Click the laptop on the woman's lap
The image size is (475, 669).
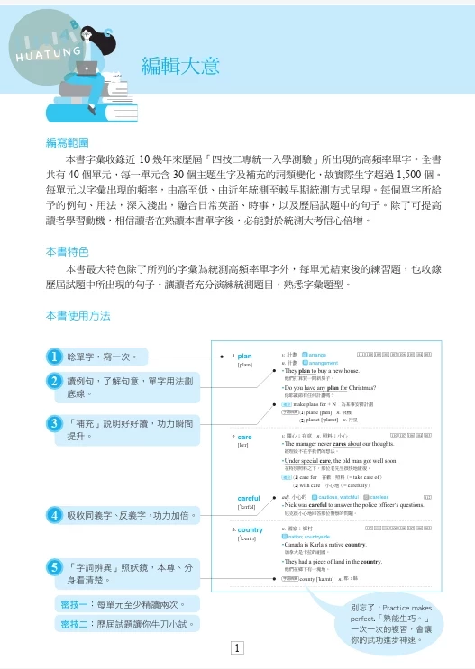pyautogui.click(x=87, y=68)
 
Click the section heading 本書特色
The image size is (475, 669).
pyautogui.click(x=68, y=251)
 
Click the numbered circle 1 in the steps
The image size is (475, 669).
pyautogui.click(x=55, y=357)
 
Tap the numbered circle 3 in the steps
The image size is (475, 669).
pyautogui.click(x=55, y=422)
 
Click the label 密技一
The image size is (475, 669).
pyautogui.click(x=76, y=604)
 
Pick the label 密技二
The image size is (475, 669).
pyautogui.click(x=76, y=623)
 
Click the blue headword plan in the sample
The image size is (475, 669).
pyautogui.click(x=244, y=357)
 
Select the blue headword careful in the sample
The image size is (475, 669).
pyautogui.click(x=249, y=498)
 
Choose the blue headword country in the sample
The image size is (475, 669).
pyautogui.click(x=250, y=530)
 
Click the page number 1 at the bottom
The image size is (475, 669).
pyautogui.click(x=236, y=647)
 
